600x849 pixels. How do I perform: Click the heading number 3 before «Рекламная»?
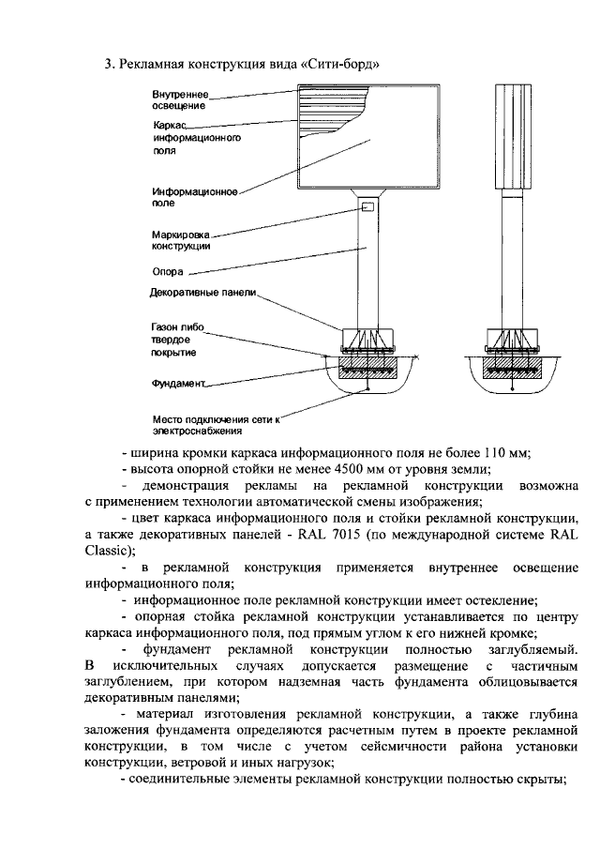[106, 65]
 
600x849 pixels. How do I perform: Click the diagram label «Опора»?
[166, 273]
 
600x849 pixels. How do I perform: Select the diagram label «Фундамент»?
[177, 384]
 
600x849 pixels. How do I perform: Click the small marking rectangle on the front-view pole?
[368, 206]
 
